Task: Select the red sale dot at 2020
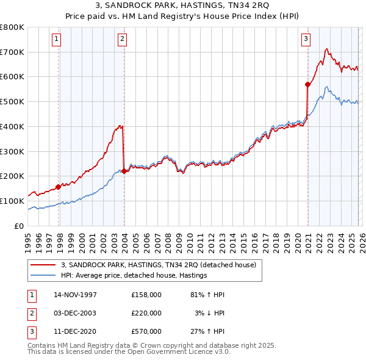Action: point(307,85)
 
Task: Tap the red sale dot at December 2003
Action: point(124,171)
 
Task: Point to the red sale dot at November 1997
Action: point(59,187)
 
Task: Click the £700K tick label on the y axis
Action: point(12,52)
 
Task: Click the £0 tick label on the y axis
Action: point(18,226)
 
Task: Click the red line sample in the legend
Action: point(44,265)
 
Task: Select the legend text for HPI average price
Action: point(134,275)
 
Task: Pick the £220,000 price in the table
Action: point(146,313)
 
